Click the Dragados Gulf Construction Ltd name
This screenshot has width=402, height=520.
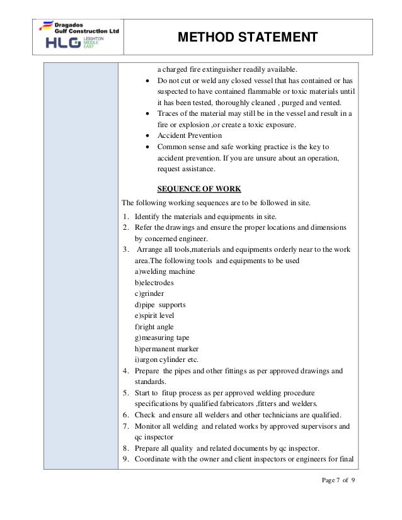tap(81, 27)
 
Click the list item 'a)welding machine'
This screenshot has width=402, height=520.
tap(165, 271)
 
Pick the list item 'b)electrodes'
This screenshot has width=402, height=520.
tap(154, 282)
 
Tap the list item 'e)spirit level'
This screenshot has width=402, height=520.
tap(154, 315)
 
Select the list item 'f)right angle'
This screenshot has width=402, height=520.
tap(154, 327)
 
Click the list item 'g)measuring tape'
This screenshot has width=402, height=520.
tap(162, 337)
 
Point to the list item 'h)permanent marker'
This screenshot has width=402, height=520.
tap(167, 349)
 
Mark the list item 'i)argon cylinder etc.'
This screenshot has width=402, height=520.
tap(167, 359)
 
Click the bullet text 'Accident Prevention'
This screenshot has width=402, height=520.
tap(189, 135)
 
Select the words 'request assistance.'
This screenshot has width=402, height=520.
tap(186, 169)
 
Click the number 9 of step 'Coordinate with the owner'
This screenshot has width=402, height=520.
tap(125, 458)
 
